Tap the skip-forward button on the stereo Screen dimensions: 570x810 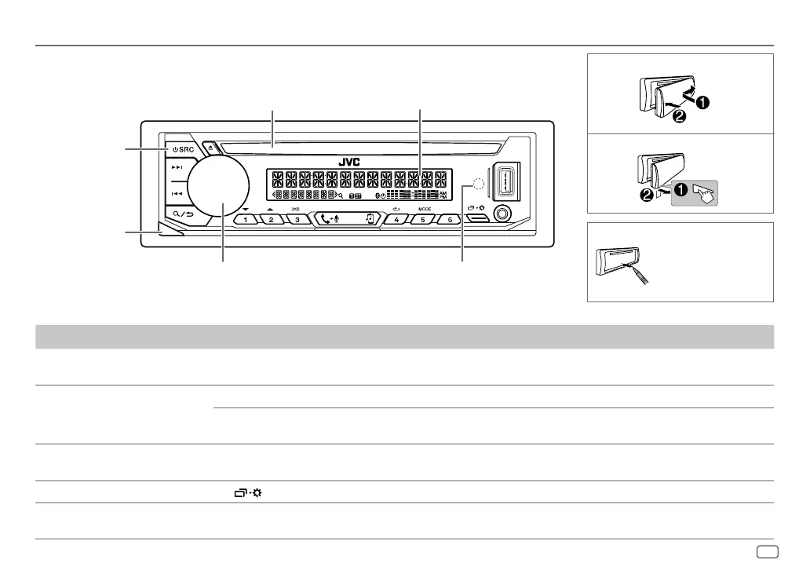coord(178,167)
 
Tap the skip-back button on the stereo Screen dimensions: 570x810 coord(178,192)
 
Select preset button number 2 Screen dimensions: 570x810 coord(271,220)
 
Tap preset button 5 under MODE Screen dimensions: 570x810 coord(423,220)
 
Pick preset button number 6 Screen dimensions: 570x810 coord(449,220)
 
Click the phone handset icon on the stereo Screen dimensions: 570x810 coord(327,218)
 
